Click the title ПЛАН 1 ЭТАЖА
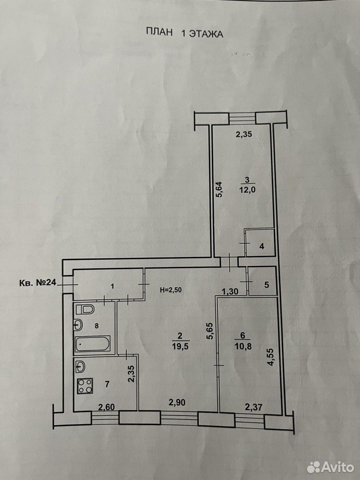point(184,33)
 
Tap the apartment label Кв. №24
point(38,282)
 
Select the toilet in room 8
point(84,309)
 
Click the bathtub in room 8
point(92,344)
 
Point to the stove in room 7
point(85,386)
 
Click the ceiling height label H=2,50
point(171,290)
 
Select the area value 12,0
point(247,190)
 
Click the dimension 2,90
point(177,402)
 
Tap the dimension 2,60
point(106,407)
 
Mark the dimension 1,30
point(230,291)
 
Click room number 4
point(261,246)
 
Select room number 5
point(266,284)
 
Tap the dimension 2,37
point(254,407)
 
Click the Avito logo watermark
point(330,467)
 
